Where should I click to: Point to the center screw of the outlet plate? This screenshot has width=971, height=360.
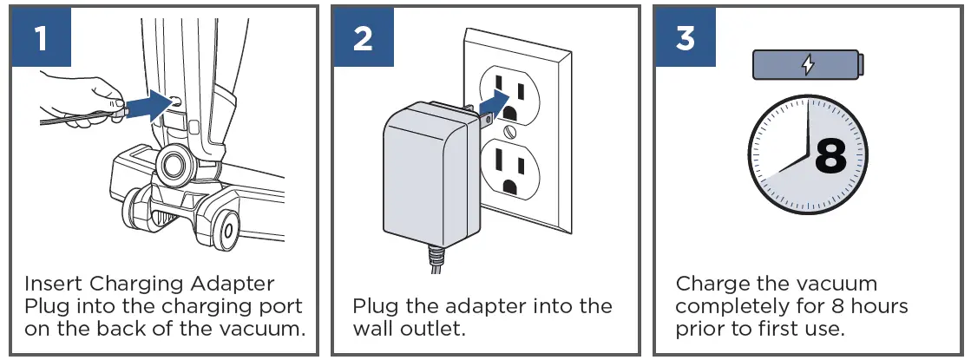[510, 131]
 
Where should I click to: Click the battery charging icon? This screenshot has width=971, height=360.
[808, 65]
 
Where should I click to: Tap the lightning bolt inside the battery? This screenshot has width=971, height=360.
[808, 65]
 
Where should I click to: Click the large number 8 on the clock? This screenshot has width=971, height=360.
[830, 157]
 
